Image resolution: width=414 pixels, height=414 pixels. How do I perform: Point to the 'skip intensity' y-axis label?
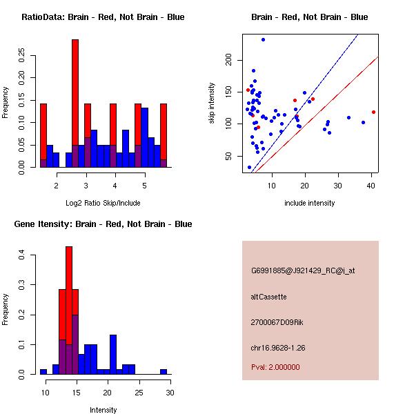(x=212, y=103)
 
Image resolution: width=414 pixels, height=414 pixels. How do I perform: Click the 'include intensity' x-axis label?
(x=309, y=203)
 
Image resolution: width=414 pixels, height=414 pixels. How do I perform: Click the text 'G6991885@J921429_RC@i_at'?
(x=302, y=271)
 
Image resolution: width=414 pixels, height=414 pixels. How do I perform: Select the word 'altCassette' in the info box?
(x=268, y=297)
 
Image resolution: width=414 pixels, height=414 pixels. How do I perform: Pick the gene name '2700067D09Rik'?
(x=277, y=322)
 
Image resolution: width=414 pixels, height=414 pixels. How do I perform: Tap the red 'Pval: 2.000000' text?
(x=275, y=367)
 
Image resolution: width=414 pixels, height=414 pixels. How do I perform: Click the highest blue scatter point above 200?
(x=263, y=40)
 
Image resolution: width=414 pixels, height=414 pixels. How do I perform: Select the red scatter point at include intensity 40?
(x=373, y=112)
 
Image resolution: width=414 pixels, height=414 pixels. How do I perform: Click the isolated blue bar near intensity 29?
(x=164, y=371)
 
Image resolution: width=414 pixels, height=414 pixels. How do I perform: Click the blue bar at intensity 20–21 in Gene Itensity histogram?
(x=113, y=354)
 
